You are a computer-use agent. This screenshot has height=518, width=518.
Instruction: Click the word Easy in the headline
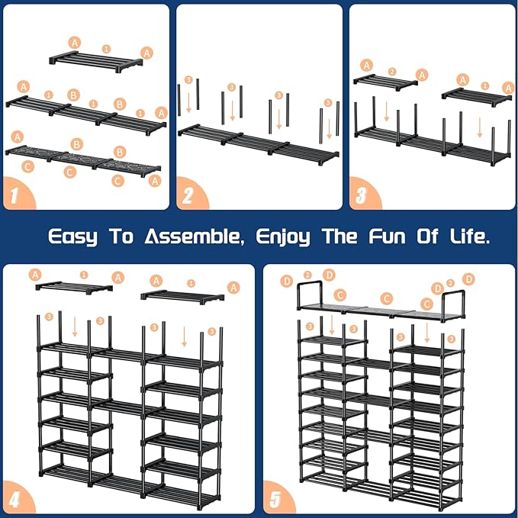(x=73, y=236)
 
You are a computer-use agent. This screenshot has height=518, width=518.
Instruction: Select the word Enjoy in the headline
(x=283, y=236)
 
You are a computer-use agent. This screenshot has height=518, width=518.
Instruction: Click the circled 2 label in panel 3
(x=392, y=72)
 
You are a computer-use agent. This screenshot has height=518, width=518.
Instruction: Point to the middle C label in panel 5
(x=387, y=298)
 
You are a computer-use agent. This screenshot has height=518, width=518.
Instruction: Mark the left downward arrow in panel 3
(x=387, y=114)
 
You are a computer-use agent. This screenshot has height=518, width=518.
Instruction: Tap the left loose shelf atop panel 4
(x=74, y=287)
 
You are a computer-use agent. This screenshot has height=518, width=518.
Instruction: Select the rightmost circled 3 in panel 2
(x=328, y=102)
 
